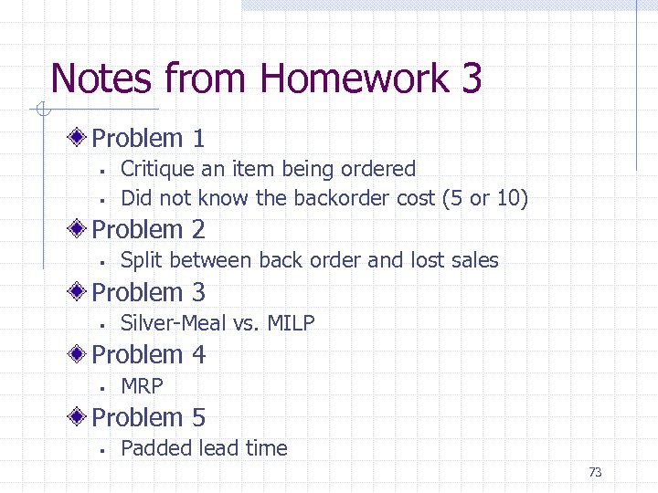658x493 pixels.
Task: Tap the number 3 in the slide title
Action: point(471,79)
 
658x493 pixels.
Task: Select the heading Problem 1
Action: point(148,139)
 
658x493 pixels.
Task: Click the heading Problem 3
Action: point(148,292)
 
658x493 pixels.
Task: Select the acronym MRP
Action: point(142,386)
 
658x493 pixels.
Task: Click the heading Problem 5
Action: point(148,418)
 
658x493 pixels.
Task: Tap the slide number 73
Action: point(595,472)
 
